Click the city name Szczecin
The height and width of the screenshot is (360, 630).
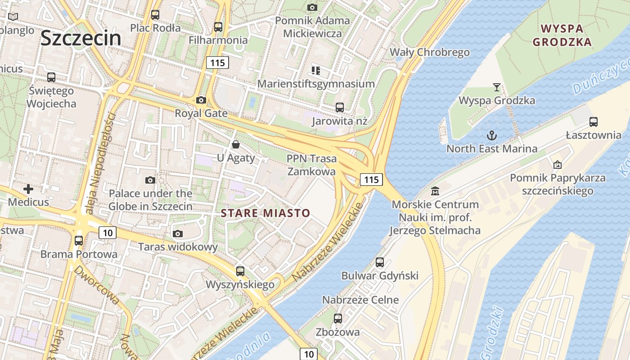pos(81,39)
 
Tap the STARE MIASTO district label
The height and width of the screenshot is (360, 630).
pos(265,213)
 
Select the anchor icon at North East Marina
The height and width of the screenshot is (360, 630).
pos(492,135)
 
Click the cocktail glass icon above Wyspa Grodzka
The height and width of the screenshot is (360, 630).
pos(497,87)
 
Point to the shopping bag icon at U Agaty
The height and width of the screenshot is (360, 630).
pos(235,144)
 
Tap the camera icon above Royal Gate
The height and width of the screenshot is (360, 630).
pos(201,100)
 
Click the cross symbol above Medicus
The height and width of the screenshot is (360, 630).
pos(28,189)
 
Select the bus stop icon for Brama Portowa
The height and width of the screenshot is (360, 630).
pos(79,240)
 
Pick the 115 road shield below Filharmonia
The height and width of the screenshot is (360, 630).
pos(217,63)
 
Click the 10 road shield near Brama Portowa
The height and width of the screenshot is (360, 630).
pos(107,233)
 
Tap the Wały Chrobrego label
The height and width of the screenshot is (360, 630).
pos(429,52)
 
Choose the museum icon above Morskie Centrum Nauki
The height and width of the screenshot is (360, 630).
pos(435,191)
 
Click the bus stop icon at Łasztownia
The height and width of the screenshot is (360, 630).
pos(594,121)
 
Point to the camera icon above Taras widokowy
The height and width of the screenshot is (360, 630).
pos(178,234)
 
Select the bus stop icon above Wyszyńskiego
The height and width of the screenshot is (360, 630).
pos(240,271)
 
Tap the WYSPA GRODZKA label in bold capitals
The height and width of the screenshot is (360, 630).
pos(562,36)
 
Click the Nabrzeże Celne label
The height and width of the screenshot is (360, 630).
pos(360,300)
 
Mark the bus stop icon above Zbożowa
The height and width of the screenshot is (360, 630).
pos(338,319)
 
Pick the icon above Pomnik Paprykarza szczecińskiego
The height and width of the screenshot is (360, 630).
pos(558,165)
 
